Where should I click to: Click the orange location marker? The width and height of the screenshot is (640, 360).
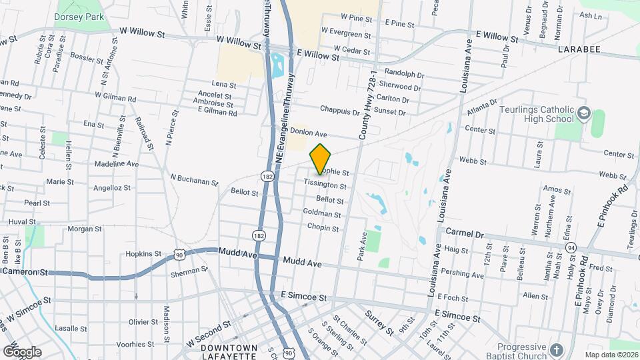(320, 159)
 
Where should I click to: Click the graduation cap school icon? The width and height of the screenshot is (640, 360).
(584, 113)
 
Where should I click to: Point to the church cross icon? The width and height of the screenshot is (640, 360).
(557, 349)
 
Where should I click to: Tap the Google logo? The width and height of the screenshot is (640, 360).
(22, 351)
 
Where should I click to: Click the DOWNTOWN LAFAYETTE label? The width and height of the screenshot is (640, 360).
(229, 352)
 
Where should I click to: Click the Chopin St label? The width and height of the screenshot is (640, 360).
(323, 227)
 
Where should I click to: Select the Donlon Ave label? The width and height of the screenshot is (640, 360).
(308, 133)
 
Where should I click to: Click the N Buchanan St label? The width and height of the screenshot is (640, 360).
(194, 180)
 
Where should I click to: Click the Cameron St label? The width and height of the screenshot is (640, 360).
(25, 272)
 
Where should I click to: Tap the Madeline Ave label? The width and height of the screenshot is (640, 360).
(117, 163)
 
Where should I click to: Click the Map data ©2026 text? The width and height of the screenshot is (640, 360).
(611, 355)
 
